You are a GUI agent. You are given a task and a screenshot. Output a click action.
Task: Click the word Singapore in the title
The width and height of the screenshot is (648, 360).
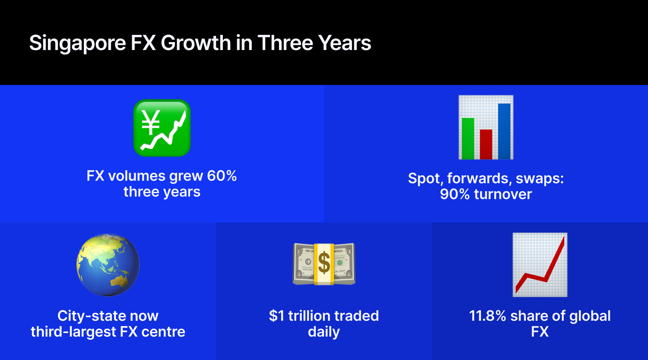pyautogui.click(x=77, y=44)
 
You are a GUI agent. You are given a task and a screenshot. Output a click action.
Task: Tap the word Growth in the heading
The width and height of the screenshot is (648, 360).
pyautogui.click(x=196, y=43)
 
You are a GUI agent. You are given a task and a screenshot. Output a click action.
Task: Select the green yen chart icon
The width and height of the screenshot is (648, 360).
pyautogui.click(x=162, y=128)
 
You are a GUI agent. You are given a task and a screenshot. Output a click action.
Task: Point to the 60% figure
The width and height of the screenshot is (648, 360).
pyautogui.click(x=222, y=176)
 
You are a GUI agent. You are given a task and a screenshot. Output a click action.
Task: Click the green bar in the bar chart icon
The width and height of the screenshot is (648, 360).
pyautogui.click(x=468, y=138)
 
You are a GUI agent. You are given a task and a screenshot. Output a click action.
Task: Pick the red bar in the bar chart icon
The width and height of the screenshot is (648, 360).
pyautogui.click(x=486, y=144)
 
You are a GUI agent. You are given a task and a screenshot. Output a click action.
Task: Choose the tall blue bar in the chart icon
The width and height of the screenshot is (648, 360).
pyautogui.click(x=504, y=131)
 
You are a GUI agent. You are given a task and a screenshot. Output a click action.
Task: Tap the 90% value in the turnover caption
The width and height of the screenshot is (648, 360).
pyautogui.click(x=455, y=194)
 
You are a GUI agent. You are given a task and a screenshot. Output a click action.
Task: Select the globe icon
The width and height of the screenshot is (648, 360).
pyautogui.click(x=108, y=265)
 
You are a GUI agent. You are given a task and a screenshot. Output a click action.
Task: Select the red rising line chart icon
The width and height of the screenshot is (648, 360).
pyautogui.click(x=540, y=265)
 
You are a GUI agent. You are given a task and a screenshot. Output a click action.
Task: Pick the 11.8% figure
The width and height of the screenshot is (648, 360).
pyautogui.click(x=487, y=316)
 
